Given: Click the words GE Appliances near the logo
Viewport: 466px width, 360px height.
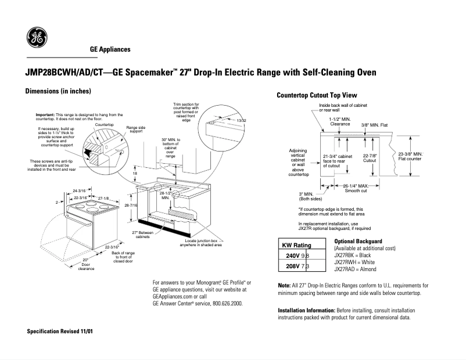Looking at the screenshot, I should coord(110,49).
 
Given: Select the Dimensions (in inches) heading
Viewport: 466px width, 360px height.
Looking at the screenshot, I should coord(58,92).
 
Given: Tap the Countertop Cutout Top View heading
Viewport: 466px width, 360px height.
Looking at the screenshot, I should coord(317,95).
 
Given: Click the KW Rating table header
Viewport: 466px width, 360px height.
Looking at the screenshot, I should coord(296,245).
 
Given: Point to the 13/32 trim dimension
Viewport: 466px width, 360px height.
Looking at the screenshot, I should coord(242,120).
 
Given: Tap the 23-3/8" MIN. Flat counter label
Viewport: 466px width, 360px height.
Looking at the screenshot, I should coord(410,156).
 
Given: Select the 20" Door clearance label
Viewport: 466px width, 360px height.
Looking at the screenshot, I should coord(86,264).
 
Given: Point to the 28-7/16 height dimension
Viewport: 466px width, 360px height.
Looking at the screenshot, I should coord(131,206).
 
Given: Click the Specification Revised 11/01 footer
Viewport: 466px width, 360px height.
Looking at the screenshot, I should coord(60,330).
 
